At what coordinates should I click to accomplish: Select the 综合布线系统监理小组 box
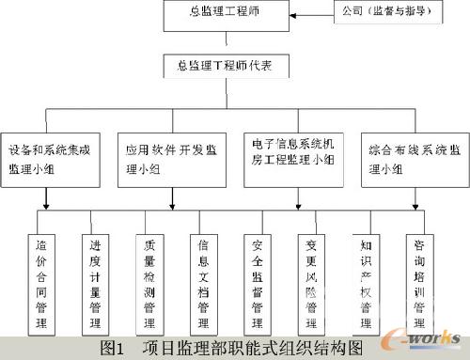click(x=415, y=156)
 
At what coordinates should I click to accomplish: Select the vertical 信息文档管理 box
click(x=205, y=279)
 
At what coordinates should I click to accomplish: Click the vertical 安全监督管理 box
click(x=258, y=279)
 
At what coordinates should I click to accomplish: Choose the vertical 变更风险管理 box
click(x=311, y=279)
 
